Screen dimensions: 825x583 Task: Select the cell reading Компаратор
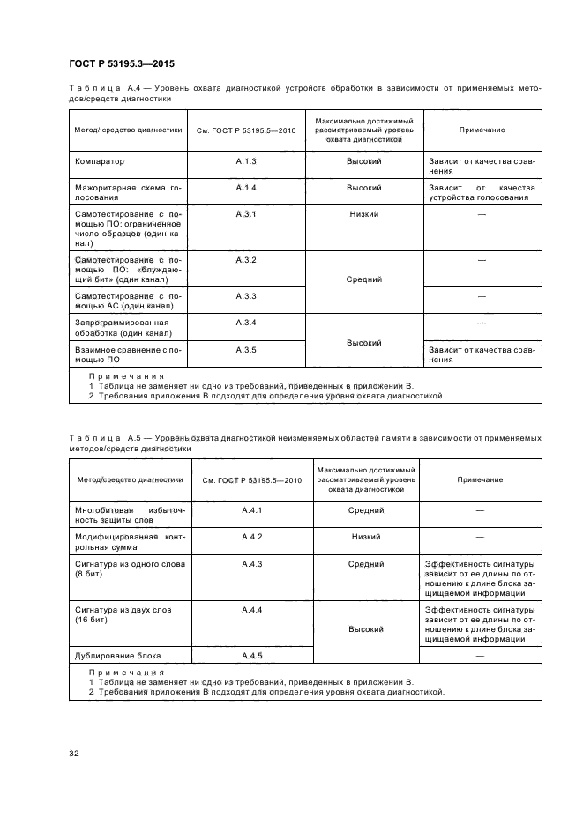[100, 162]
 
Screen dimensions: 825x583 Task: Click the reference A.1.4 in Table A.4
[246, 188]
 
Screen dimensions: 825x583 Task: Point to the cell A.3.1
[246, 214]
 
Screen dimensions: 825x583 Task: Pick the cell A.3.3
[246, 295]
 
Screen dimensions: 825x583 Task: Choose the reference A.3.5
[246, 350]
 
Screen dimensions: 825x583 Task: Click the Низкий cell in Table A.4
[363, 214]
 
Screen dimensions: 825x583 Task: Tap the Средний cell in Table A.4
[363, 279]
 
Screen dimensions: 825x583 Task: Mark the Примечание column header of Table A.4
[482, 130]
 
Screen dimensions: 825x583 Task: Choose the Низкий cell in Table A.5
[365, 536]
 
